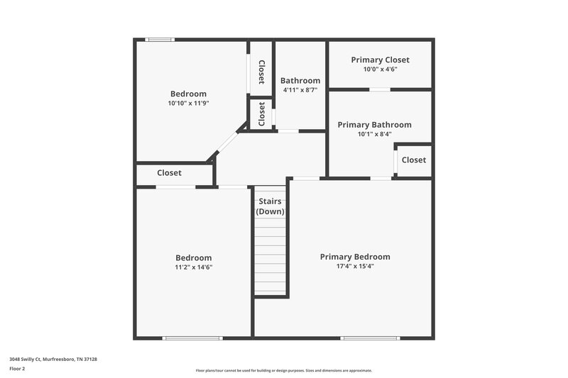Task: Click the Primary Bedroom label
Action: click(355, 257)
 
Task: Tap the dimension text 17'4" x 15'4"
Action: click(355, 267)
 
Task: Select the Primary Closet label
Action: click(380, 60)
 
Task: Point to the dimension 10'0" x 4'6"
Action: click(380, 70)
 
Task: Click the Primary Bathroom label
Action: click(374, 125)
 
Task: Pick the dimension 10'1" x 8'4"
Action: click(374, 134)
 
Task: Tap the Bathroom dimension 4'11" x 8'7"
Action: click(300, 90)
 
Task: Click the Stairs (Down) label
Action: click(270, 206)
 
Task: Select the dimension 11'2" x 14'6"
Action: click(194, 267)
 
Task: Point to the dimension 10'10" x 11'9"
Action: click(188, 103)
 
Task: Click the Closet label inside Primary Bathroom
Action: click(414, 160)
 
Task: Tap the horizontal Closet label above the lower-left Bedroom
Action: click(169, 173)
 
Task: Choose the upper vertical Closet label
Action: click(261, 71)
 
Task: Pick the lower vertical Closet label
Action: click(261, 113)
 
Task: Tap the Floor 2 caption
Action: click(16, 369)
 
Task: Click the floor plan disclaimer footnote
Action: click(283, 370)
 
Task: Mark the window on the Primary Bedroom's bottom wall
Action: click(370, 338)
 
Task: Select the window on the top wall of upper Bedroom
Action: click(160, 40)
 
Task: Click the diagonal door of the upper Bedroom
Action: click(226, 143)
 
